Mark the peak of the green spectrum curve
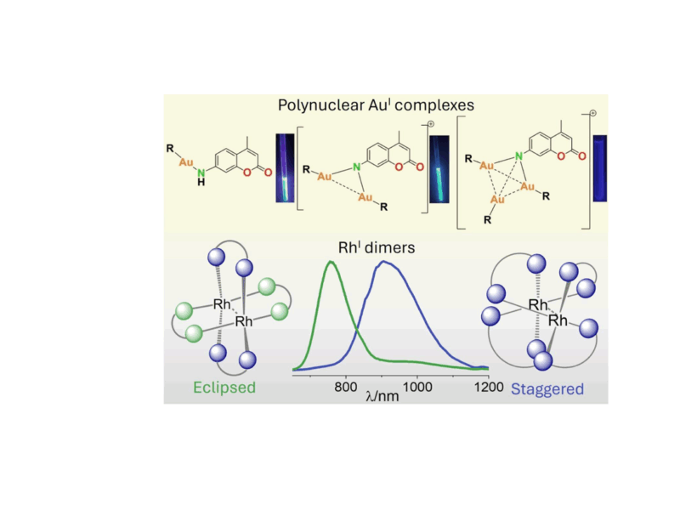click(331, 263)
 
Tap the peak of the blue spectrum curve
click(385, 262)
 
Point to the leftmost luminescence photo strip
click(284, 167)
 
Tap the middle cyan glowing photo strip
click(439, 169)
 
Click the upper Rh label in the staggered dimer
click(537, 303)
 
